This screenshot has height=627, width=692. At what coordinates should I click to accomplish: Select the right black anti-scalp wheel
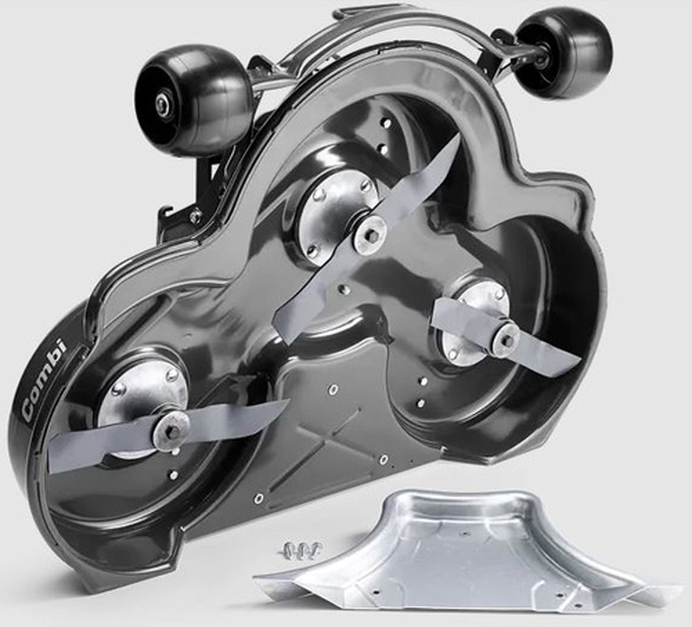click(565, 47)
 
